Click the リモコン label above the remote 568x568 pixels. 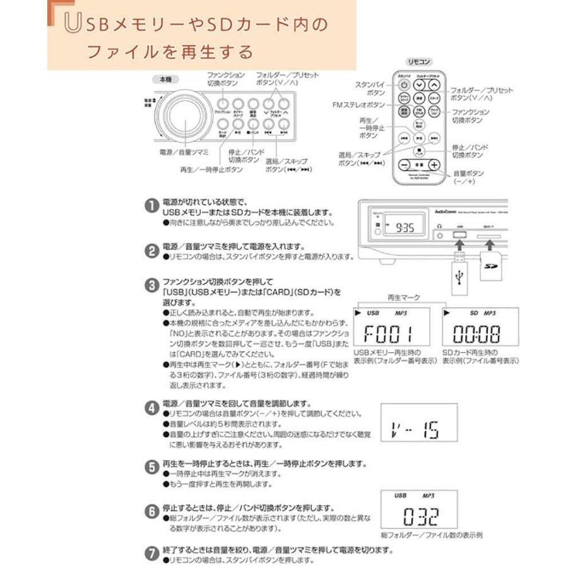(x=419, y=62)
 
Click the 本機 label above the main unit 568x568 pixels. (x=165, y=80)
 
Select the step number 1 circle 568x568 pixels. (x=151, y=206)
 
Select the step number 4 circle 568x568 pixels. (x=151, y=408)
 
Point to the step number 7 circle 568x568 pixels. (x=151, y=553)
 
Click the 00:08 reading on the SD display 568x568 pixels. (x=480, y=333)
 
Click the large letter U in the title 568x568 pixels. (x=72, y=25)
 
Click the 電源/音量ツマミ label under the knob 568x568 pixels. (x=184, y=152)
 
